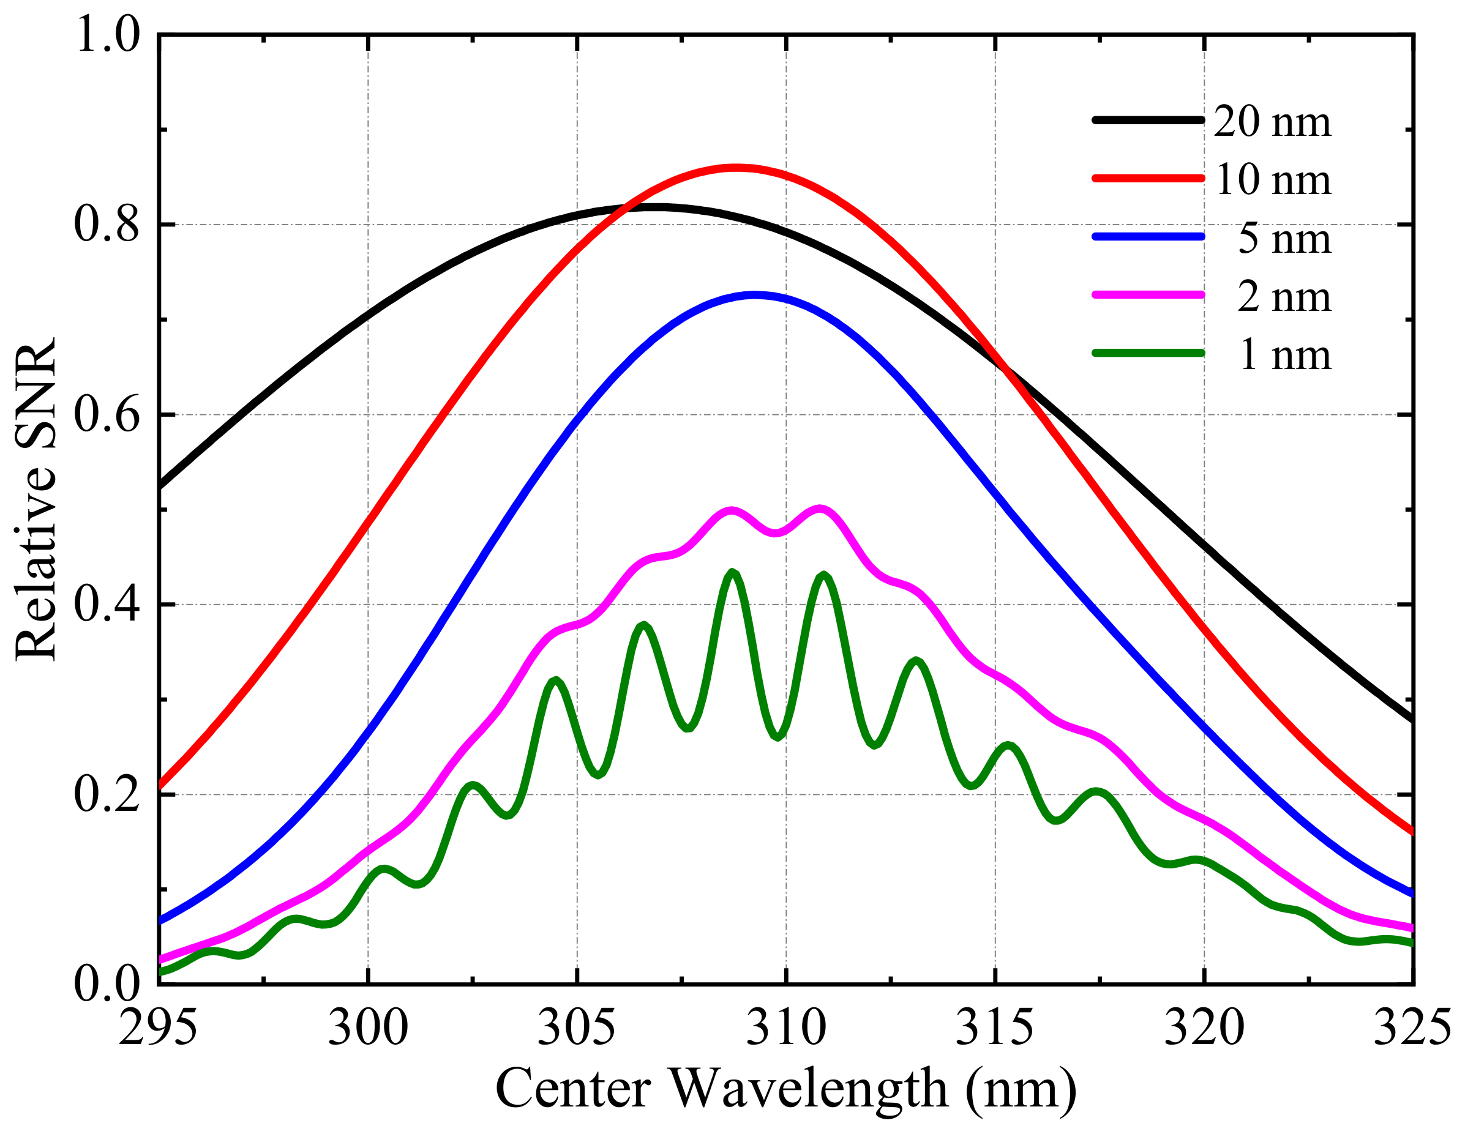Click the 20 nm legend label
coord(1272,123)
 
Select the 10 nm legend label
coord(1272,181)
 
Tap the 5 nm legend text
coord(1283,239)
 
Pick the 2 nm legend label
coord(1283,298)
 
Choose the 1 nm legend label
coord(1283,356)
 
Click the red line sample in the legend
coord(1148,178)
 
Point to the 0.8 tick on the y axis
coord(107,225)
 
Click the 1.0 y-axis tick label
coord(107,35)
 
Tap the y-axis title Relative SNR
coord(37,499)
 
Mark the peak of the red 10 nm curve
coord(736,168)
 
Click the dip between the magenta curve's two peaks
coord(776,533)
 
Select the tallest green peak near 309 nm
coord(732,572)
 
